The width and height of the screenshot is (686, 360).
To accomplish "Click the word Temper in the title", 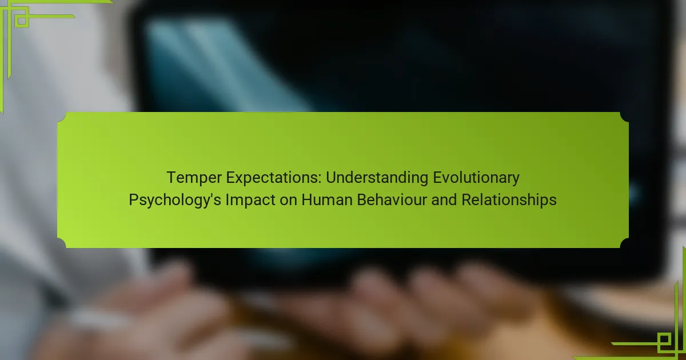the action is click(194, 178).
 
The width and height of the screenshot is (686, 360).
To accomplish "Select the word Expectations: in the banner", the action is click(273, 178).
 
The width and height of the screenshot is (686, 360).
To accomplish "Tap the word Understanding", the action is click(377, 178).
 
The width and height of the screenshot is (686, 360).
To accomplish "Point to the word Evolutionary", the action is click(476, 178).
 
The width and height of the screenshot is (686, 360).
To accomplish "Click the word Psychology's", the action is click(174, 200).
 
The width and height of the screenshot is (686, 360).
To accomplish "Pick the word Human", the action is click(327, 199).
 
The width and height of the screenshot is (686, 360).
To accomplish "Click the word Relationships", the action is click(509, 200).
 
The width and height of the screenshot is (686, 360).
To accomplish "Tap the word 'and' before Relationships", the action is click(444, 199).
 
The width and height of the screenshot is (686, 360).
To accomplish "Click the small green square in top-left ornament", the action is click(22, 21).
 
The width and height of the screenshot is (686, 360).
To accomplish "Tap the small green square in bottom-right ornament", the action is click(664, 339).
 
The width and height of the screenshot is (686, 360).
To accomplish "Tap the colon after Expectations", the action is click(320, 179).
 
